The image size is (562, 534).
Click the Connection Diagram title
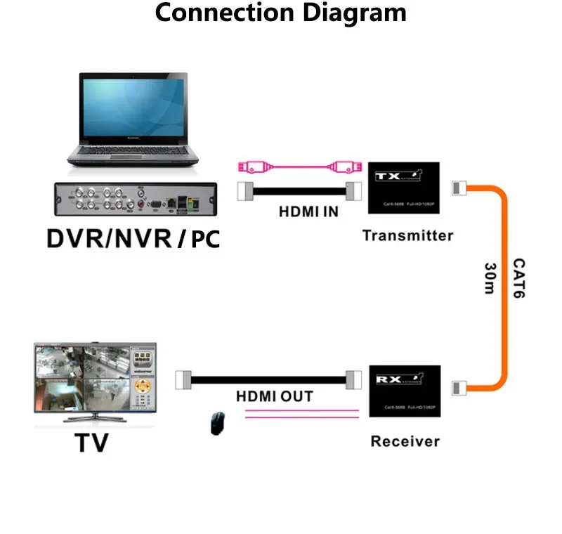[x=280, y=13]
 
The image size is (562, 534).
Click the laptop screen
[x=133, y=110]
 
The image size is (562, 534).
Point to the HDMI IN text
[x=308, y=211]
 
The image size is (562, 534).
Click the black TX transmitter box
[x=404, y=188]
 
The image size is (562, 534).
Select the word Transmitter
[x=407, y=235]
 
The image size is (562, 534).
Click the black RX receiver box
[x=405, y=391]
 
